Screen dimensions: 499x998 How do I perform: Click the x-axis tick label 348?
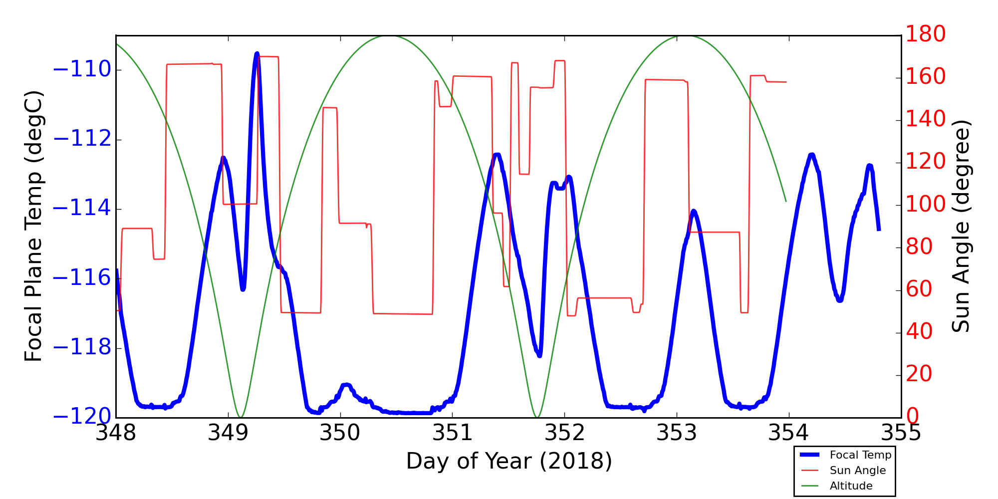click(x=116, y=433)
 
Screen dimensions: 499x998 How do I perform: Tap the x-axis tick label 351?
click(x=452, y=433)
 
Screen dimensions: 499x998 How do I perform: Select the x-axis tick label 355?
click(x=901, y=433)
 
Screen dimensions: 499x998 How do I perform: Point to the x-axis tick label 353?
click(x=677, y=433)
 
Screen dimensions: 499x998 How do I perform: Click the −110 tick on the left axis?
click(x=82, y=70)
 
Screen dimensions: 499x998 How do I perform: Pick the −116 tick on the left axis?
click(x=82, y=278)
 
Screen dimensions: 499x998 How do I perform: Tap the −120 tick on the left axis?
click(x=82, y=417)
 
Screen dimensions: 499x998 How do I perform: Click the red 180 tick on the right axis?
click(x=926, y=34)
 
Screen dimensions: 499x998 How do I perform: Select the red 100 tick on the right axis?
click(x=926, y=204)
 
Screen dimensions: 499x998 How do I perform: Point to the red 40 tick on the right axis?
click(x=919, y=332)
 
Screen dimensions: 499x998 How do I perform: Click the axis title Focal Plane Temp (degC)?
click(x=33, y=226)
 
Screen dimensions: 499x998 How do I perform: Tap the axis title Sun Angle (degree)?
click(x=961, y=226)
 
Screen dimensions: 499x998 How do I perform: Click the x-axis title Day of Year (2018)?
click(x=508, y=461)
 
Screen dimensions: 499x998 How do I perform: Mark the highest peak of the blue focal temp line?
click(x=256, y=53)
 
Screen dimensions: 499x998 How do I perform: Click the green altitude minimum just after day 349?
click(x=241, y=417)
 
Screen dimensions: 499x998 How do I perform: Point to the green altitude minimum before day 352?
click(x=537, y=417)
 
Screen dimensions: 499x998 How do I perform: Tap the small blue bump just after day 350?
click(x=346, y=385)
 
